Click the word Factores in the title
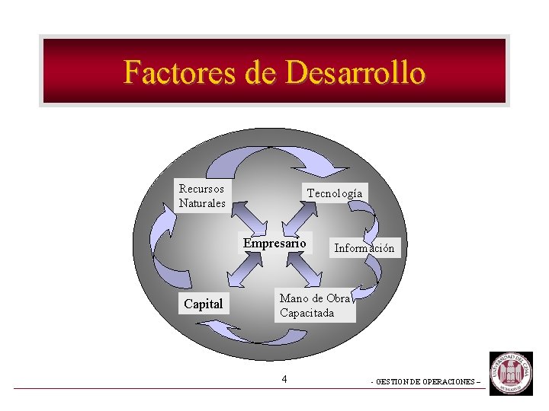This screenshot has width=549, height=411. [x=180, y=73]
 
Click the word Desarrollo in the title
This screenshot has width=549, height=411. [x=355, y=73]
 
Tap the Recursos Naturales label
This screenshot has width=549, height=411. [x=202, y=196]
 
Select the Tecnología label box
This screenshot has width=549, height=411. [x=335, y=193]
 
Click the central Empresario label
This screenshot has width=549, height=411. [x=274, y=244]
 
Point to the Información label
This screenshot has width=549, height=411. [x=364, y=247]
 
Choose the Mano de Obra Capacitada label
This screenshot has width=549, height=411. [x=315, y=305]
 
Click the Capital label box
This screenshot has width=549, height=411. [x=204, y=304]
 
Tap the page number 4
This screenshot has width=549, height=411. [x=284, y=379]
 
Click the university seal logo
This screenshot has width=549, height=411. [x=511, y=373]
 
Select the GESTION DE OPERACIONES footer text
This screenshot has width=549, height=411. [x=425, y=381]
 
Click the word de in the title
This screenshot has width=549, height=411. [x=261, y=73]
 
